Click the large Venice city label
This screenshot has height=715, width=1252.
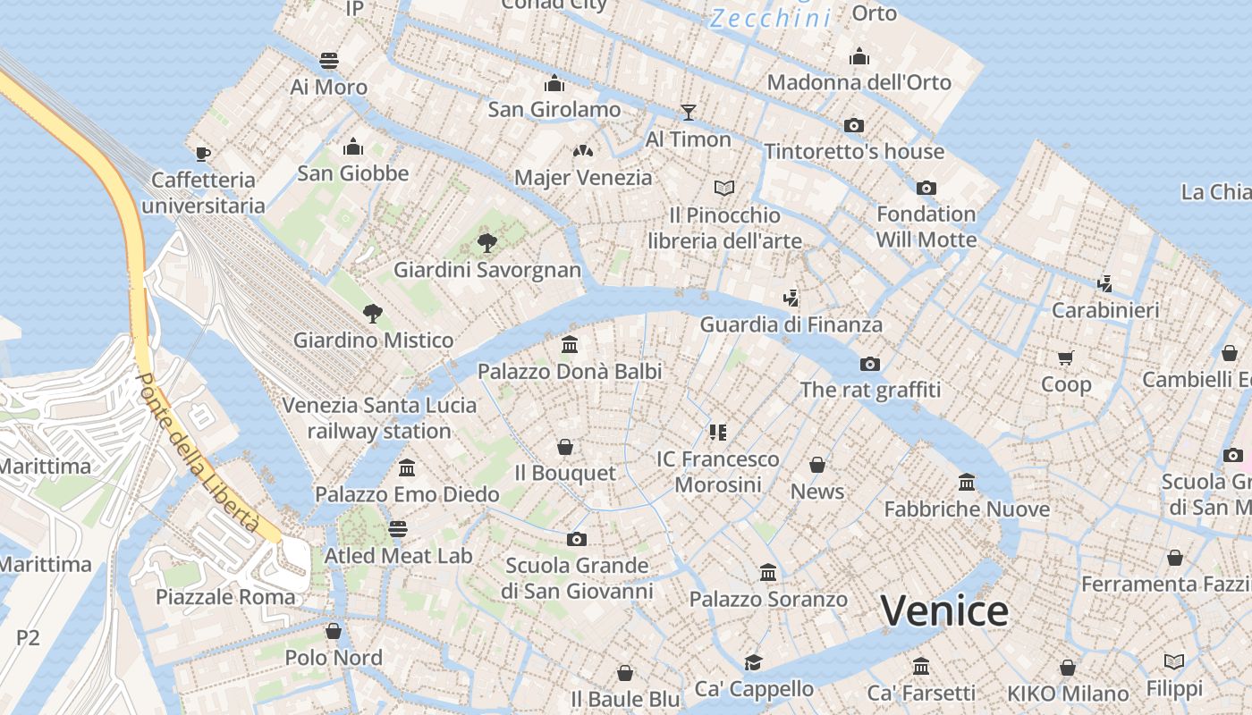(944, 611)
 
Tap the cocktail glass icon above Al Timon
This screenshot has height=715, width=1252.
(688, 112)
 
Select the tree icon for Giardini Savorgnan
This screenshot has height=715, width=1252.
(487, 241)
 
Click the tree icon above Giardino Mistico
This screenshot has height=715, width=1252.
(373, 313)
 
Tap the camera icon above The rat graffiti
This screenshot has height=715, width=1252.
(869, 364)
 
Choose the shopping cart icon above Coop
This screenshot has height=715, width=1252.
(1065, 357)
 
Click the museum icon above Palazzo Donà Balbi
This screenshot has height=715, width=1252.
(570, 344)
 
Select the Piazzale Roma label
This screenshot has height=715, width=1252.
(225, 596)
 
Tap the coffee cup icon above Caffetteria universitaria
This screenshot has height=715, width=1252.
(203, 153)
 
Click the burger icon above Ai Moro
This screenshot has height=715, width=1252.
(329, 61)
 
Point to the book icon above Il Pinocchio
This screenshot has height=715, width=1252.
(724, 188)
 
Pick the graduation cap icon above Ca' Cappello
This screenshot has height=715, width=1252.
(754, 662)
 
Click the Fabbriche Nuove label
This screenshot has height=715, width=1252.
(967, 509)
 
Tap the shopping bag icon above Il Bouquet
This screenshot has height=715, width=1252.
(565, 446)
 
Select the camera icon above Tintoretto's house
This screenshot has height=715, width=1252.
(854, 125)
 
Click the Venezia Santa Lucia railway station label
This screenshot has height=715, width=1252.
(379, 418)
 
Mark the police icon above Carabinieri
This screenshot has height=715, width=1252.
(1105, 283)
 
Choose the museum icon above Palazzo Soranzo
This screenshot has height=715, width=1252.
(767, 572)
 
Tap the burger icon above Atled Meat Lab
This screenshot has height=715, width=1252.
(398, 529)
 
